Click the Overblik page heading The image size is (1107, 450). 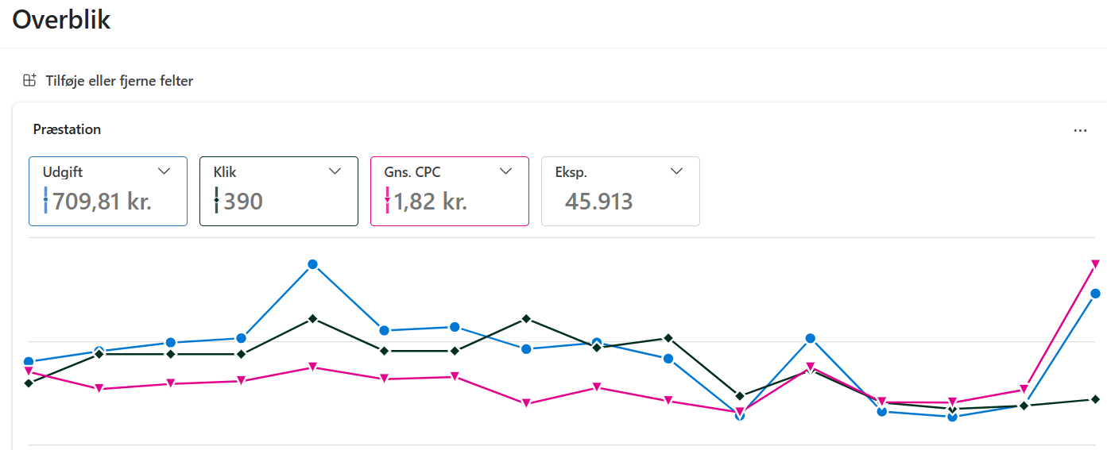[x=61, y=20]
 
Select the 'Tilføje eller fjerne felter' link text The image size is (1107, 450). [x=119, y=81]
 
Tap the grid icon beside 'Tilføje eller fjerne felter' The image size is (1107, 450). [x=29, y=80]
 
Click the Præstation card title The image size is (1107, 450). [x=67, y=129]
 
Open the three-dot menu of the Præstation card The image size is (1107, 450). [x=1080, y=130]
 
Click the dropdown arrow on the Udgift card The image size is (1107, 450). [x=165, y=171]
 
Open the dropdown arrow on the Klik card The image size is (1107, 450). [x=335, y=171]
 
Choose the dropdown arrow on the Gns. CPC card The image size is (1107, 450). [x=506, y=171]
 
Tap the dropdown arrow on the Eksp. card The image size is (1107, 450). [x=677, y=171]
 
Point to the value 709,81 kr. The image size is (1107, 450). [x=102, y=202]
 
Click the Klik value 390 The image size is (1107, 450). [x=243, y=202]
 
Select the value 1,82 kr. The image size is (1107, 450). [x=431, y=202]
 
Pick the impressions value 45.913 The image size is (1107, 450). [x=599, y=202]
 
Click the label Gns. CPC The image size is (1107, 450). [x=412, y=172]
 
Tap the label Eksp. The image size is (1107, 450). [x=571, y=172]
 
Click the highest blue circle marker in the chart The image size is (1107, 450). [x=313, y=264]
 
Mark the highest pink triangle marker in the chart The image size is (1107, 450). [x=1095, y=263]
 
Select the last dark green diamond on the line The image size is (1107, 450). [x=1095, y=399]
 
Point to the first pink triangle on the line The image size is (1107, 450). [x=29, y=371]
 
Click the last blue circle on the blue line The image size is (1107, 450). [x=1095, y=294]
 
